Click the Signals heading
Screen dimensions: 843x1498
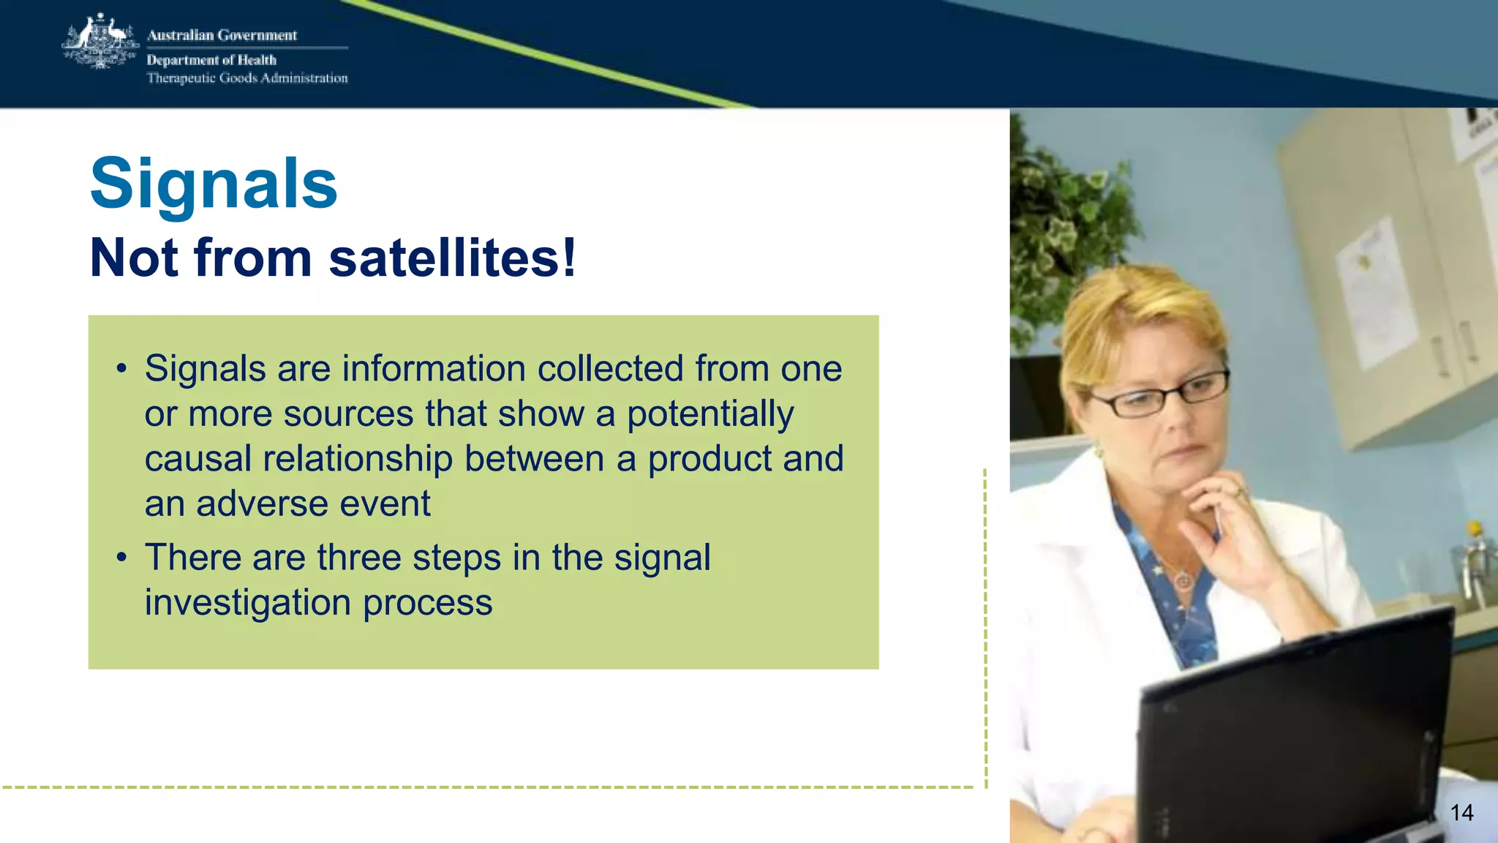pos(214,184)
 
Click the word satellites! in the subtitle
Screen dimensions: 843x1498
pos(453,258)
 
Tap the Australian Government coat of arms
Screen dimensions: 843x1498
pos(100,42)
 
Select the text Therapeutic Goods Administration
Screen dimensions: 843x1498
pos(247,78)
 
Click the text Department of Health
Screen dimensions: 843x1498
pos(211,60)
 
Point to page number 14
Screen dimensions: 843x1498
pos(1461,813)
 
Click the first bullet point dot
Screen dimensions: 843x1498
pos(121,369)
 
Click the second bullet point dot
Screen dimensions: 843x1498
pos(121,558)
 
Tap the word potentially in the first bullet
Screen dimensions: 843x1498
pos(710,414)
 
